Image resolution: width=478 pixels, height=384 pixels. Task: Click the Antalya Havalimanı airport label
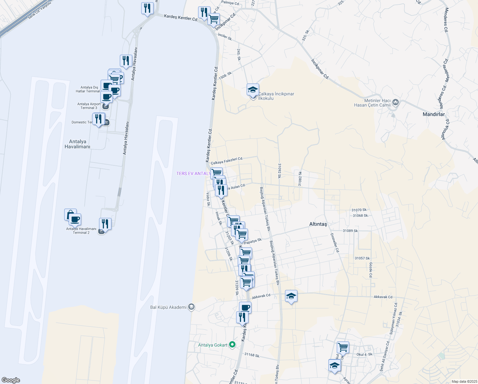[77, 144]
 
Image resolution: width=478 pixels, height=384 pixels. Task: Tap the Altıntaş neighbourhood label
[318, 224]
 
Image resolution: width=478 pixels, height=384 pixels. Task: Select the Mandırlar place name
[434, 114]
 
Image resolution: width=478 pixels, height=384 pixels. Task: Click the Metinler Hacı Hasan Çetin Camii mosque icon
[396, 102]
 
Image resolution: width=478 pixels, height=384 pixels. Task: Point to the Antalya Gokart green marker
[233, 345]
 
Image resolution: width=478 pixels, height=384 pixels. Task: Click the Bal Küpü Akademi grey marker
[191, 307]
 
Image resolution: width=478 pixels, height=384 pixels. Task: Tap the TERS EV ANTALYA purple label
[193, 173]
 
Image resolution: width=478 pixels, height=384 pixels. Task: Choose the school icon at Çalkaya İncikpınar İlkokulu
[253, 90]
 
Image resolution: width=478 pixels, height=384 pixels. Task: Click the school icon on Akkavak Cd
[291, 296]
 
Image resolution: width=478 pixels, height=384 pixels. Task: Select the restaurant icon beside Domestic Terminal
[98, 119]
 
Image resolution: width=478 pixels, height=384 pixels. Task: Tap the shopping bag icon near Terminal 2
[70, 214]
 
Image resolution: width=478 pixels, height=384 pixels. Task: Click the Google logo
[11, 380]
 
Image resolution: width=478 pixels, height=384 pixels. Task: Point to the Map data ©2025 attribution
[464, 381]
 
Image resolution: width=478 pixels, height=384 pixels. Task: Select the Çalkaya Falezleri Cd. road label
[227, 161]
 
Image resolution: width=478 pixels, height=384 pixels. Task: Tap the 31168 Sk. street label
[252, 355]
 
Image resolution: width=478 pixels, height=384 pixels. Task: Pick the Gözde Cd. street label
[371, 270]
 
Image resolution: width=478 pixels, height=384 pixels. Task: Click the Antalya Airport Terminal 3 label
[89, 106]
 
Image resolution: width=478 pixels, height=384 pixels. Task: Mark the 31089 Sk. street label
[351, 231]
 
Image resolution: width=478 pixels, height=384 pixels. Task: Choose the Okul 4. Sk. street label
[365, 355]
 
